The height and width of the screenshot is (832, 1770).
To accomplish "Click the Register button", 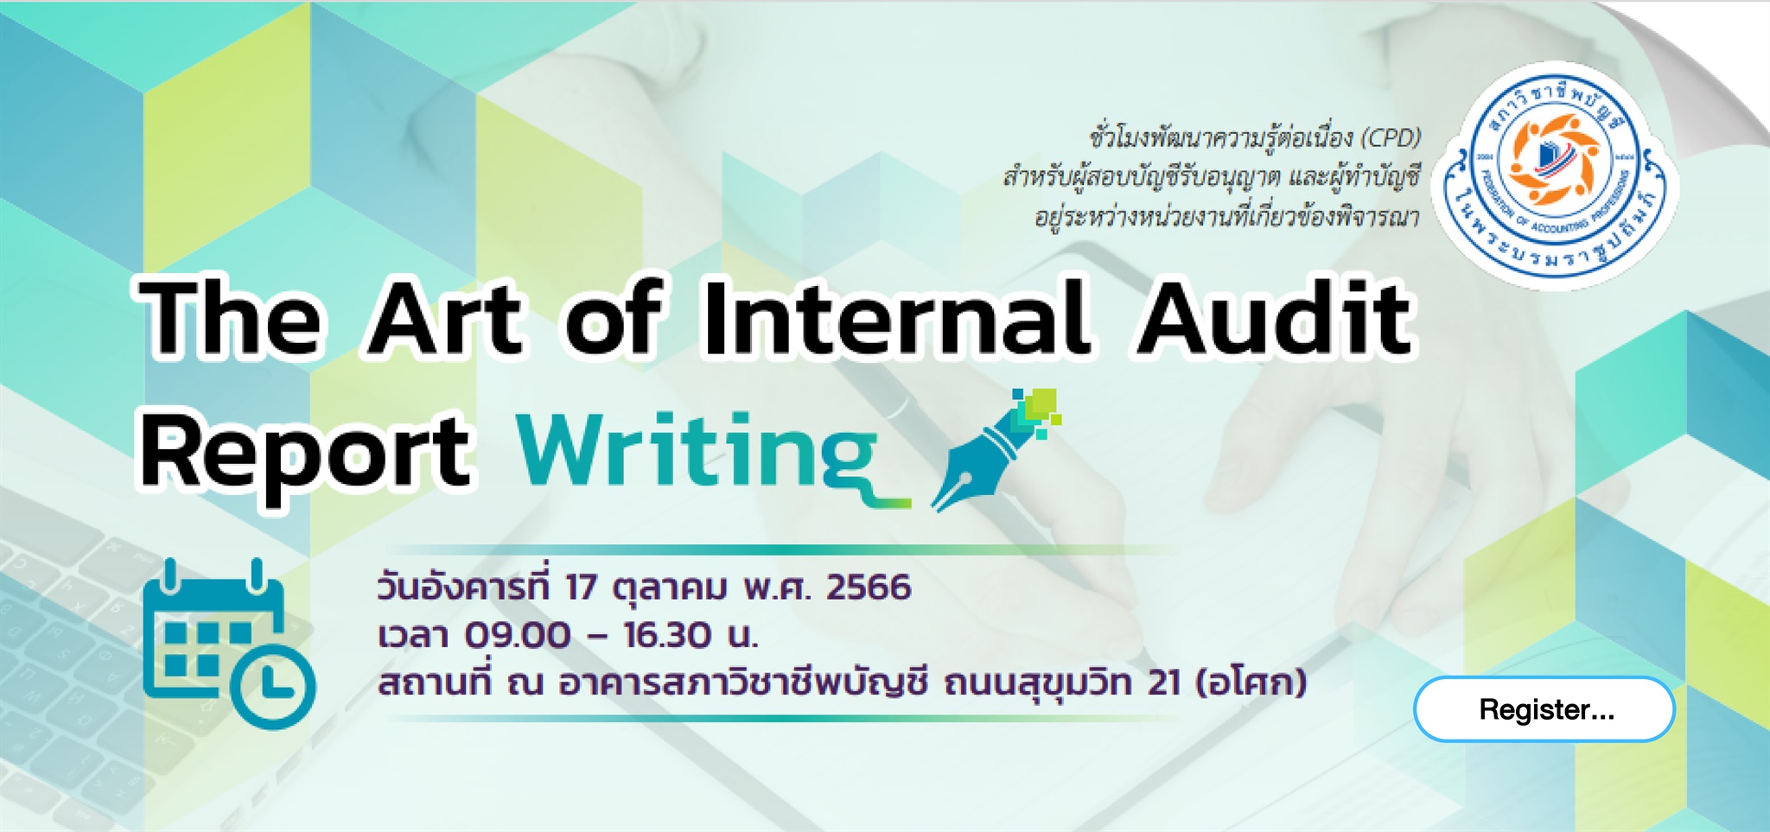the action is [1544, 709].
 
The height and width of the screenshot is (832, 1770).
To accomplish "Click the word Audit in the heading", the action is [1273, 316].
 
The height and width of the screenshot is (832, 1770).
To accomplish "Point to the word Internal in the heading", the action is [895, 316].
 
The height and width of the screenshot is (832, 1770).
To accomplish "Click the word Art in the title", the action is [446, 316].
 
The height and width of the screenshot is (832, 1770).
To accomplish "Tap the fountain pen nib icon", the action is [996, 450].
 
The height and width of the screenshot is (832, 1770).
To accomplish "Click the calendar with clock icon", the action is [229, 643].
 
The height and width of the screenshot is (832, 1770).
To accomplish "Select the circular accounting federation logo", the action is [1555, 175].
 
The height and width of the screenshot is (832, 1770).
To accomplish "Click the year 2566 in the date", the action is [869, 587].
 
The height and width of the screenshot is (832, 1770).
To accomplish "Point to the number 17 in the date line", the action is [581, 587].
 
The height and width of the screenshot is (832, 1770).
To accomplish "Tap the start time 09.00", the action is [518, 635].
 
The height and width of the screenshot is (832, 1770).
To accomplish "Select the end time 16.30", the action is [666, 635].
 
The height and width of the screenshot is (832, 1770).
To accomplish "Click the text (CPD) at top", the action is [1391, 137].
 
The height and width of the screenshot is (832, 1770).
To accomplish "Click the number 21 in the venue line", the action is [1164, 683].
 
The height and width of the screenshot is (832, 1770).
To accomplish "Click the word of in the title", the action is [614, 316].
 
